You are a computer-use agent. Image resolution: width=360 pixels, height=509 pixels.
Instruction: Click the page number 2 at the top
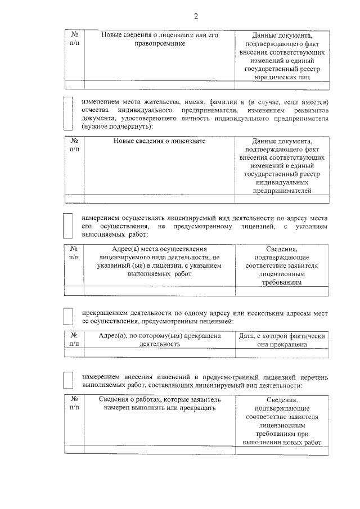(x=196, y=16)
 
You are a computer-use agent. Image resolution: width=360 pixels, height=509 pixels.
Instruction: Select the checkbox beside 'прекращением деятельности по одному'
(x=67, y=316)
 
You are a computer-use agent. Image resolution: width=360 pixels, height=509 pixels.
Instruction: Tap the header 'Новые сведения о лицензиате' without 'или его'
(x=159, y=141)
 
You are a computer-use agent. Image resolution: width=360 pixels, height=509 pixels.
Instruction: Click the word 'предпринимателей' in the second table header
(x=282, y=191)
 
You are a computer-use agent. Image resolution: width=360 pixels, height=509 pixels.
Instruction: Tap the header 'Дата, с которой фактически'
(x=282, y=336)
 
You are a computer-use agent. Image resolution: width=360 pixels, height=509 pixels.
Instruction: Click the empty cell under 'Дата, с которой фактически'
(x=282, y=353)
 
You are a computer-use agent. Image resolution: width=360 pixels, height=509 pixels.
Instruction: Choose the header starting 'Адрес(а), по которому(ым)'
(x=159, y=336)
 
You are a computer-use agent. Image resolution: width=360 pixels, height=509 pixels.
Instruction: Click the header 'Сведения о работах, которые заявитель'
(x=159, y=399)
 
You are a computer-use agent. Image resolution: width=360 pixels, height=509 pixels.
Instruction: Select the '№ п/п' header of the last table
(x=74, y=404)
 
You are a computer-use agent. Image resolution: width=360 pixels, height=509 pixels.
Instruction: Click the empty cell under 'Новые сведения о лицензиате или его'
(x=159, y=85)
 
